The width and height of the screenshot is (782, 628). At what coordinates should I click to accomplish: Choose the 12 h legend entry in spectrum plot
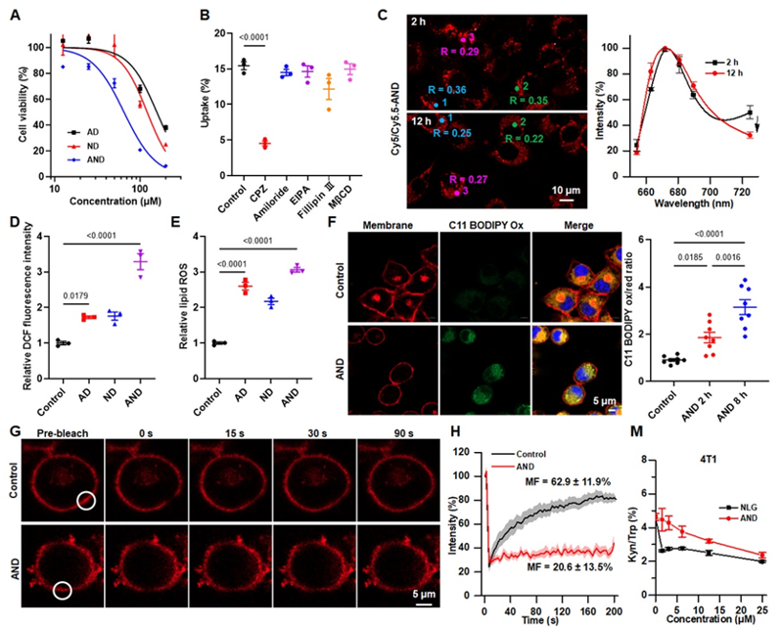point(727,71)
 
